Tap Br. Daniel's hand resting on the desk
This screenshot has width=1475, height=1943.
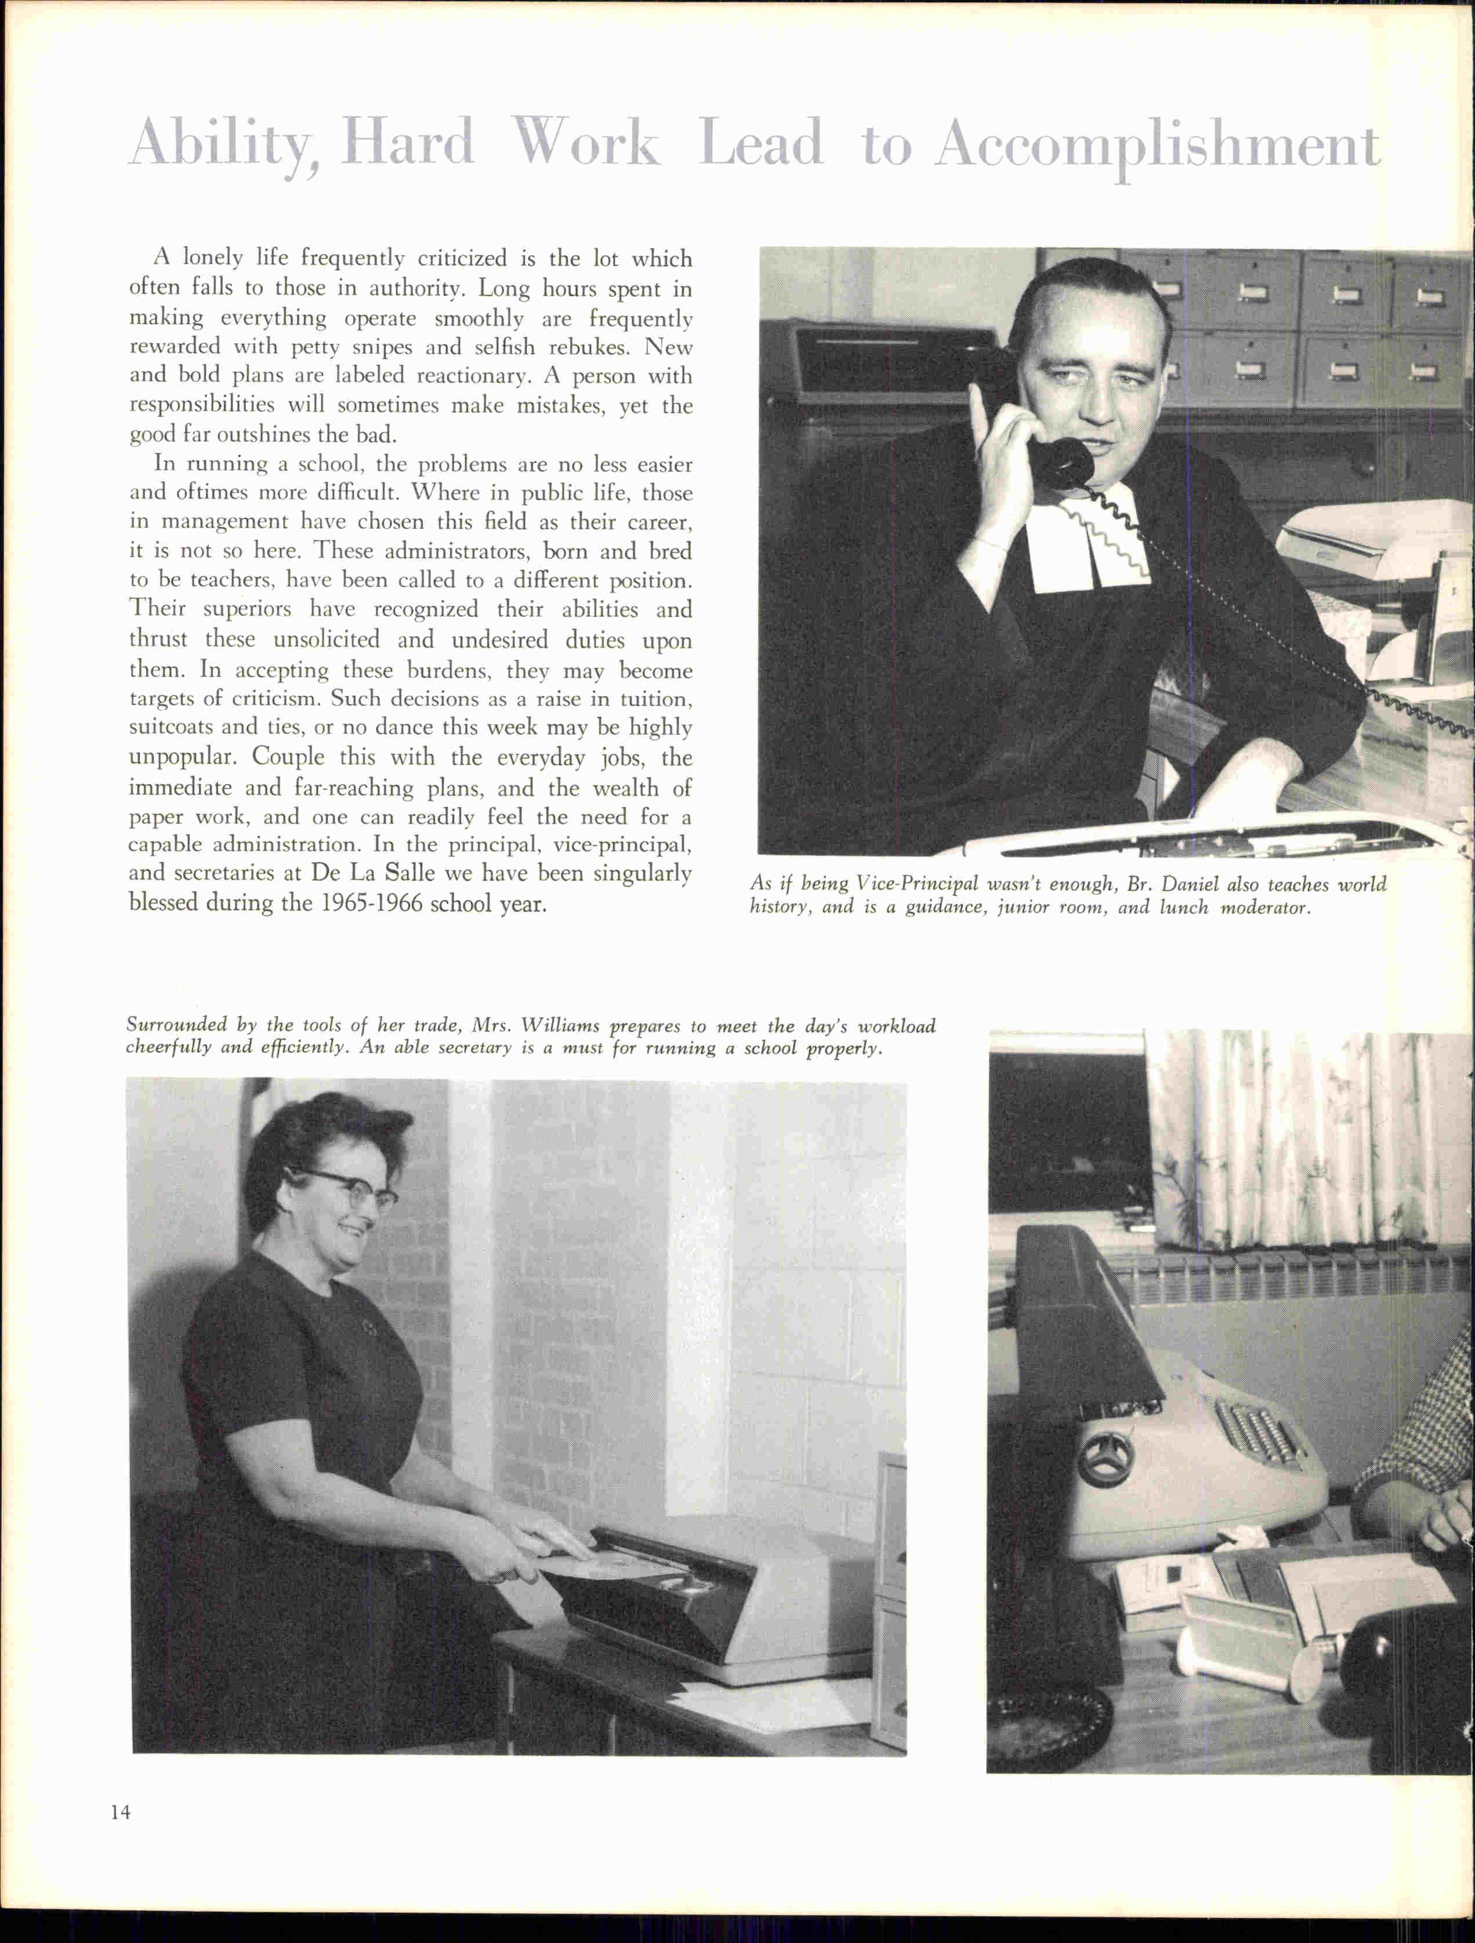[x=1230, y=795]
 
